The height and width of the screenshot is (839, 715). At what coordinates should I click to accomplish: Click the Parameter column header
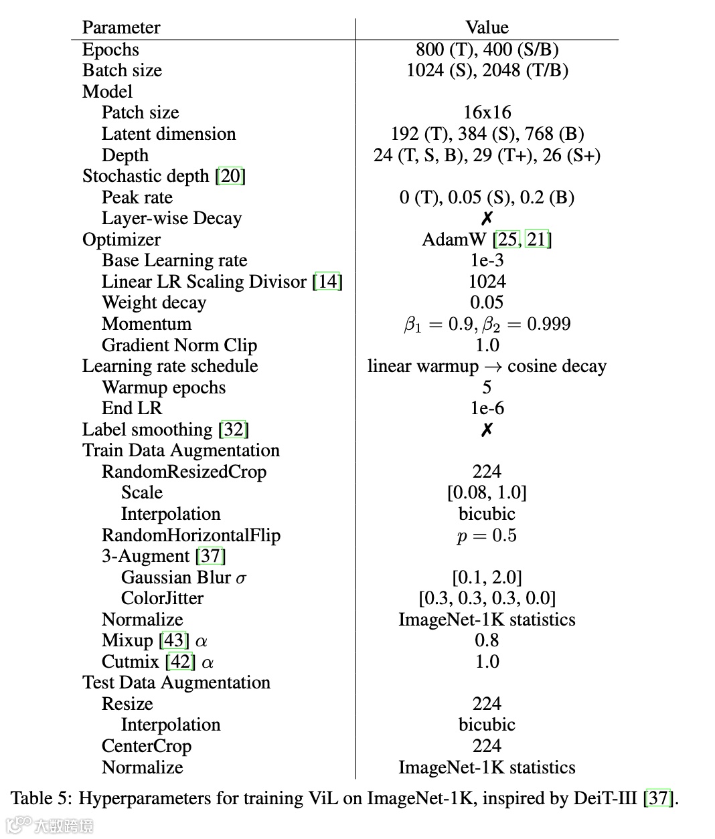[121, 27]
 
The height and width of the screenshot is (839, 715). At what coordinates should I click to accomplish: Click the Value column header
[487, 27]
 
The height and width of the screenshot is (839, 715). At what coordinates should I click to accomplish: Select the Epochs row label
[110, 50]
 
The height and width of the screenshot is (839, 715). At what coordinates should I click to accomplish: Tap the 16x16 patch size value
[487, 112]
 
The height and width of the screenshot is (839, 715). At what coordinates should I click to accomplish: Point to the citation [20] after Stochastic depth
[230, 176]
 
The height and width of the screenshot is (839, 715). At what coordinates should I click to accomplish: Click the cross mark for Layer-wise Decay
[487, 218]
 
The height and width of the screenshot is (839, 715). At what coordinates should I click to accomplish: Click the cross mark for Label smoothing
[487, 430]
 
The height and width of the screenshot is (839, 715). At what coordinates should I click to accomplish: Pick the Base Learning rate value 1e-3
[487, 260]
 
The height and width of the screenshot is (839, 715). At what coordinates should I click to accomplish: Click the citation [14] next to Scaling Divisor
[327, 282]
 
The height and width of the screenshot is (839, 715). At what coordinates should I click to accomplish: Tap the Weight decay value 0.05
[487, 302]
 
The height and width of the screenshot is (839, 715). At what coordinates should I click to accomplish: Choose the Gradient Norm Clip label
[179, 345]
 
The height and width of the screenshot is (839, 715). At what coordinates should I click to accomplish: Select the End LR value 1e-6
[487, 408]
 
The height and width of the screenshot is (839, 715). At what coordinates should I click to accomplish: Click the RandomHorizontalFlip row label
[191, 535]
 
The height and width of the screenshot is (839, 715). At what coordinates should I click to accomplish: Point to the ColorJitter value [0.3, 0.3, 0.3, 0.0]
[487, 598]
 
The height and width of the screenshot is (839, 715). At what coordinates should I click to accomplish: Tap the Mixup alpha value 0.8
[487, 640]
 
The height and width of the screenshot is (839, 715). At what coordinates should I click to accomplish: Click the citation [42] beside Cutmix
[180, 662]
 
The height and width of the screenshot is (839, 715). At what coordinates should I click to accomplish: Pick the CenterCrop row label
[146, 746]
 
